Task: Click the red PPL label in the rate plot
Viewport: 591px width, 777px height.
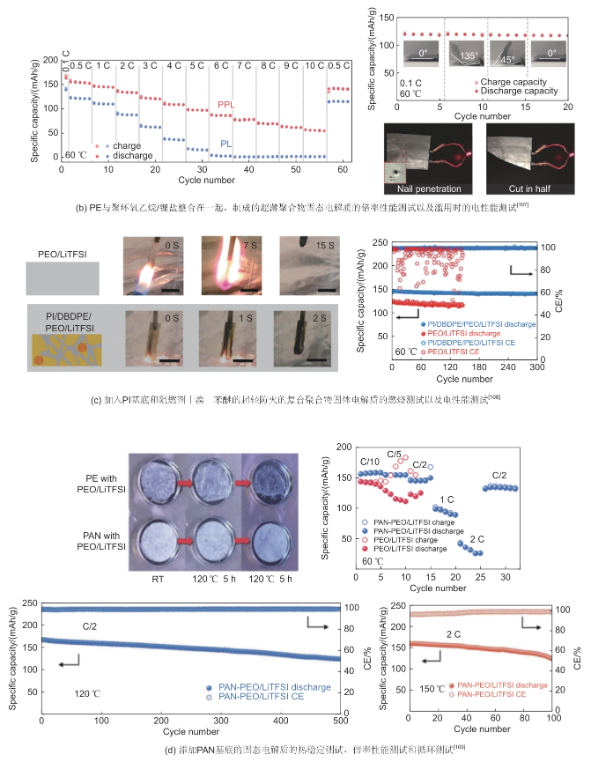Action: (227, 104)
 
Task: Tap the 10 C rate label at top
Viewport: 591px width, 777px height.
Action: (312, 64)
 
